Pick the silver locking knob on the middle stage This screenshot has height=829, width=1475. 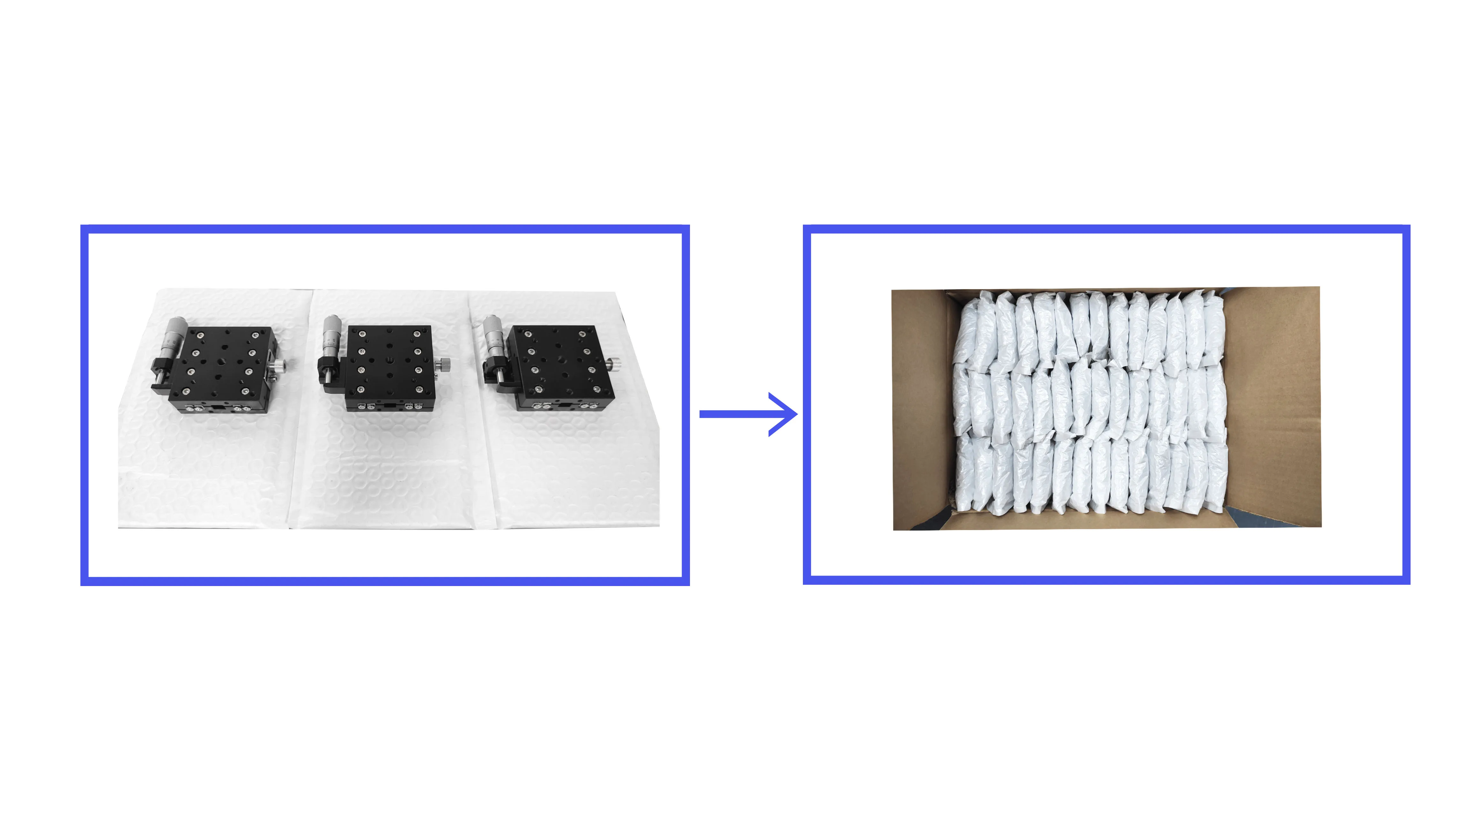[443, 364]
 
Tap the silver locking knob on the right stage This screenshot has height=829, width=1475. [614, 363]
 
